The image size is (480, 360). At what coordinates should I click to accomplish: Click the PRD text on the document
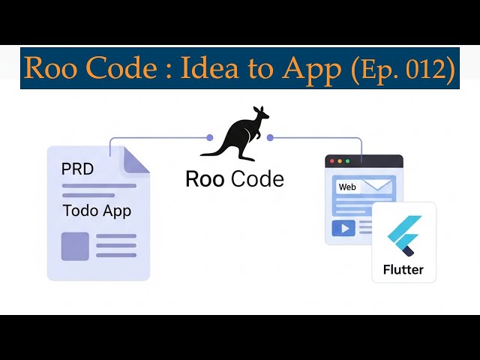[77, 169]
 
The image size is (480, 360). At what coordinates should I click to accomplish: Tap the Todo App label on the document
[97, 210]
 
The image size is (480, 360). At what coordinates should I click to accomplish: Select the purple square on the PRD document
[75, 246]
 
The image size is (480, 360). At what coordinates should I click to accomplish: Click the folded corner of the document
[135, 158]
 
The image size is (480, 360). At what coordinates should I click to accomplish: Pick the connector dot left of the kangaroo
[210, 137]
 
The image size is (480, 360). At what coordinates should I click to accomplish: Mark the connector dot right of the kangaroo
[270, 137]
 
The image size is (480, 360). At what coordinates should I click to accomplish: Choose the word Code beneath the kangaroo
[257, 179]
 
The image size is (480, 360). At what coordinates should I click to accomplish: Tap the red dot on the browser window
[331, 161]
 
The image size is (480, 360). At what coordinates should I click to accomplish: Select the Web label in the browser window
[347, 187]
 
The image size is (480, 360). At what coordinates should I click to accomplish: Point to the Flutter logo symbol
[403, 235]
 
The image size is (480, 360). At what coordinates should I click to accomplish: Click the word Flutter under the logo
[403, 269]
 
